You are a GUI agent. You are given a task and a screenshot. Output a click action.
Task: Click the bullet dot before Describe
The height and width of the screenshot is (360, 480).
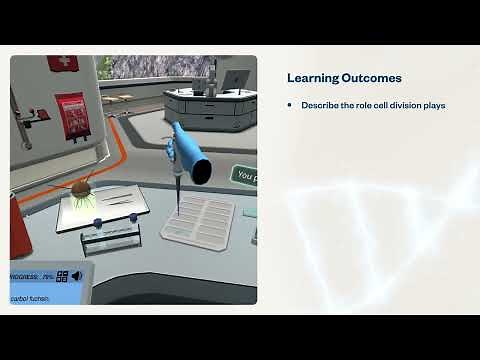pos(290,105)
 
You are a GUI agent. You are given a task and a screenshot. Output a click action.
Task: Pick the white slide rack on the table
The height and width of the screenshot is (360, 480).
pos(198,216)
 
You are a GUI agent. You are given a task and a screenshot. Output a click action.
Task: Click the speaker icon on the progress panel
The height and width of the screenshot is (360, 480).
pos(76,276)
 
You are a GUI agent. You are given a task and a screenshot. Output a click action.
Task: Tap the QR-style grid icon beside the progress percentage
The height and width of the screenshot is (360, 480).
pos(62,277)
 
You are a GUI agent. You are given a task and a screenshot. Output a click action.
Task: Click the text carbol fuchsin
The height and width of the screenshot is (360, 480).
pos(29,298)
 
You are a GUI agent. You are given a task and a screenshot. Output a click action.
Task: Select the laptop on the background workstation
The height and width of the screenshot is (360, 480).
pos(234,79)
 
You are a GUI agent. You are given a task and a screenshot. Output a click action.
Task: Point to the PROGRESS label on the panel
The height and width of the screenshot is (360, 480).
pos(24,277)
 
